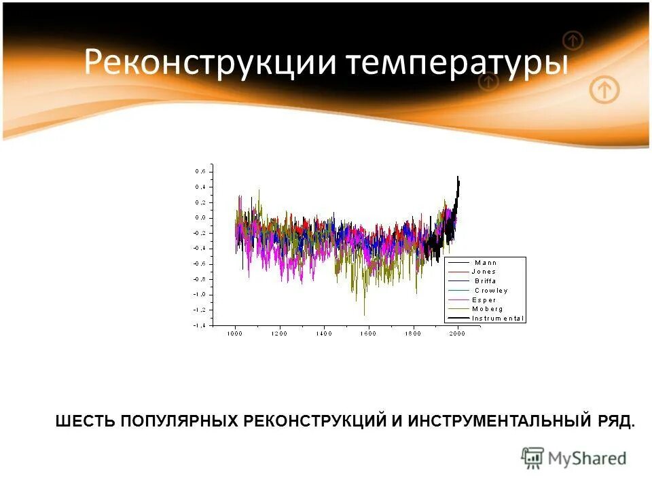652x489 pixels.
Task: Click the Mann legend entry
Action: point(485,262)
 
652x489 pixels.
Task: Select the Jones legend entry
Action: point(484,272)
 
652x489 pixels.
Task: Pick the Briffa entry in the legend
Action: point(484,280)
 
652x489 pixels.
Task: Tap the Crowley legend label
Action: point(490,290)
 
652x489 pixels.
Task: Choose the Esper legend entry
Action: point(484,300)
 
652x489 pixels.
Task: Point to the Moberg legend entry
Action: point(487,308)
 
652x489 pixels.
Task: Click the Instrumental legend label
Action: point(498,318)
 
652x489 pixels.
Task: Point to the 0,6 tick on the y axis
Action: point(201,171)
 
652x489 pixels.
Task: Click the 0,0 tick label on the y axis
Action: point(201,217)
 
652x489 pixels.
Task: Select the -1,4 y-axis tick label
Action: point(200,325)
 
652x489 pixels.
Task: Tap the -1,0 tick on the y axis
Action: point(200,294)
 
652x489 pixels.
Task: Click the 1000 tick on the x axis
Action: point(234,334)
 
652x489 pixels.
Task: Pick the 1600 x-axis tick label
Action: point(368,334)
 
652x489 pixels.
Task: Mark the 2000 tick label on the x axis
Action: point(457,334)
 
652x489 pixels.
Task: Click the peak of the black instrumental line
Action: point(458,177)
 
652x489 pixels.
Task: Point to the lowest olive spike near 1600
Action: point(365,314)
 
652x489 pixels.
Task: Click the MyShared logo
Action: point(574,458)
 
